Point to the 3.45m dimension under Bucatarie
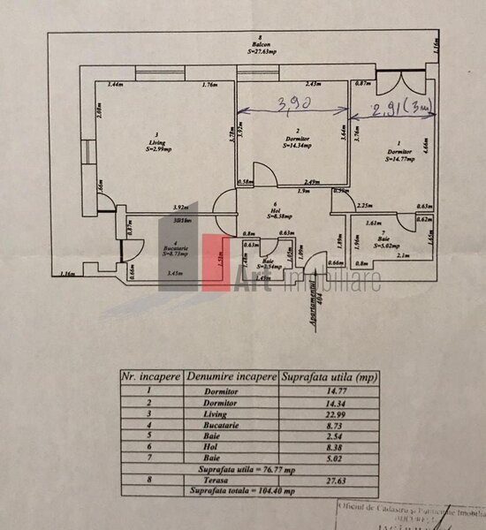[x=176, y=273]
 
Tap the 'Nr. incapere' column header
[x=151, y=375]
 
